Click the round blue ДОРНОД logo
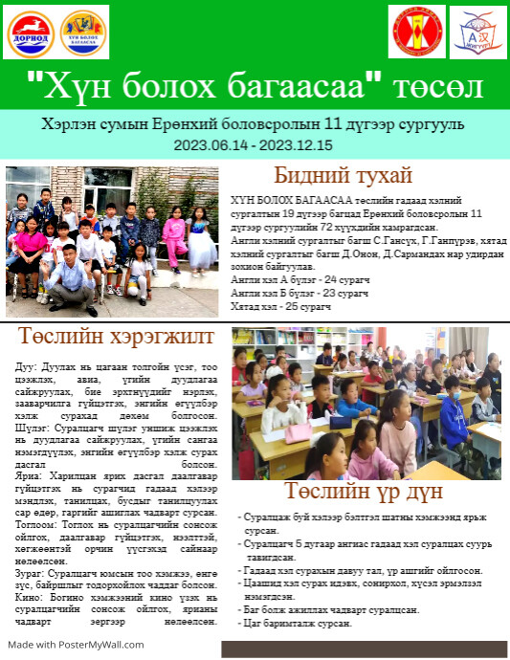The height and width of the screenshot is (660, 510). pyautogui.click(x=31, y=32)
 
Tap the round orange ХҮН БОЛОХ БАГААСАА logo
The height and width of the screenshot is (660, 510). pyautogui.click(x=84, y=32)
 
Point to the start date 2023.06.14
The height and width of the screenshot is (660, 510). pyautogui.click(x=209, y=144)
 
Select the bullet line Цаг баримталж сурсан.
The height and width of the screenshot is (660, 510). pyautogui.click(x=298, y=623)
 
